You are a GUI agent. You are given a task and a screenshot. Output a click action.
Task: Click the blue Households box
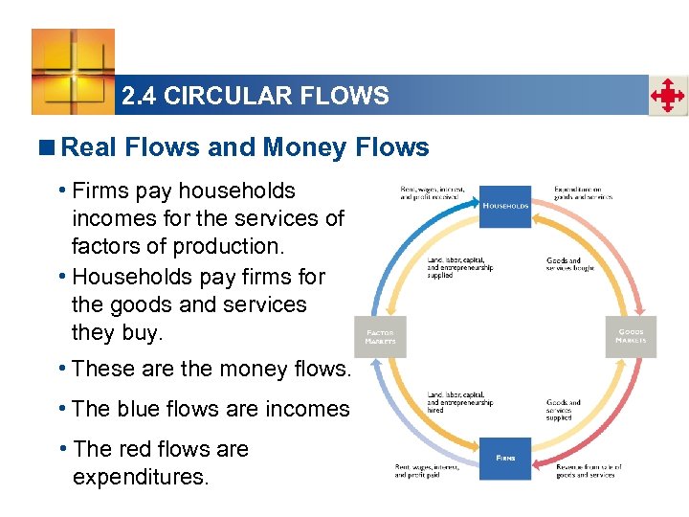(x=505, y=206)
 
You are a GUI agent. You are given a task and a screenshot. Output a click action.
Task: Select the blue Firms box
(x=505, y=459)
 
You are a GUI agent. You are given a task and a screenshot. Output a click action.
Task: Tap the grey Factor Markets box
(x=380, y=336)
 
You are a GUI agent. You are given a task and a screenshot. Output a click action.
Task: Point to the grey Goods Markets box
(x=631, y=336)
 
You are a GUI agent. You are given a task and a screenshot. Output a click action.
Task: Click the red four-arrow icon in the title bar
(x=668, y=96)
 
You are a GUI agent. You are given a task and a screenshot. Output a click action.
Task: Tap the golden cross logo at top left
(x=73, y=72)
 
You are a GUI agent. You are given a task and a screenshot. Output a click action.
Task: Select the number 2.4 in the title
(x=140, y=96)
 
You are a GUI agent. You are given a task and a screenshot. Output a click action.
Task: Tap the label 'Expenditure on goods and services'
(x=583, y=191)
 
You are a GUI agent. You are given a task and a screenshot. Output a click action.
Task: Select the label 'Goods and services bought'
(x=570, y=265)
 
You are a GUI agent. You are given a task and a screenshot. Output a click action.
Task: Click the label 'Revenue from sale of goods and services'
(x=589, y=471)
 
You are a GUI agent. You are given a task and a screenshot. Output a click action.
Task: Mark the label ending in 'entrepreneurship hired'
(x=460, y=403)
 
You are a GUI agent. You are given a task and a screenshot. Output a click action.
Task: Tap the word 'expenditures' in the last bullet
(x=140, y=476)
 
